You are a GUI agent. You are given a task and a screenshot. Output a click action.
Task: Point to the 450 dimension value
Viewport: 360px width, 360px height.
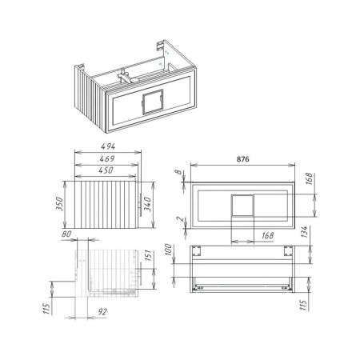(106, 171)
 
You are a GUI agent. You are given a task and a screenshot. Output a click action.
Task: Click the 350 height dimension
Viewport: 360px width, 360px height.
(58, 204)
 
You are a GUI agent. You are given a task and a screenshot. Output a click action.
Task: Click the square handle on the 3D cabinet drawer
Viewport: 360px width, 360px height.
(150, 104)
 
